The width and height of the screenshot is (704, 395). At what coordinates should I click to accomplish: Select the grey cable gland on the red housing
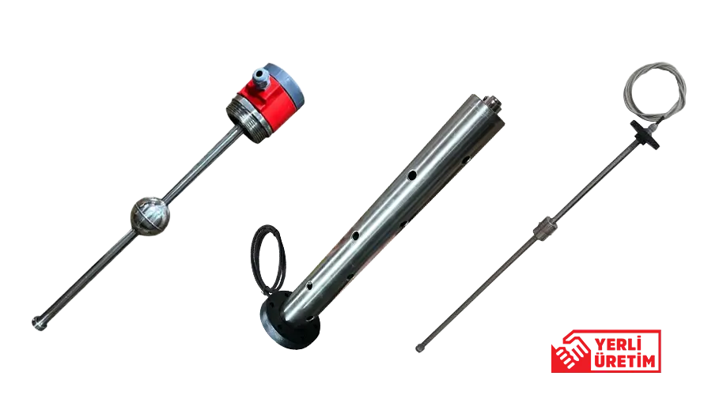260,78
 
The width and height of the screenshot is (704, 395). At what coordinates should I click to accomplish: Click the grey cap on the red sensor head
284,86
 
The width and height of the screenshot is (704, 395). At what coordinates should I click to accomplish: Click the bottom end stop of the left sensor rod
39,323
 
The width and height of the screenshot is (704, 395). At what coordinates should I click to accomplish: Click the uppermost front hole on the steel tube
411,175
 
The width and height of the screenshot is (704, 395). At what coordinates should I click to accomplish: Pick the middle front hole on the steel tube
355,235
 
